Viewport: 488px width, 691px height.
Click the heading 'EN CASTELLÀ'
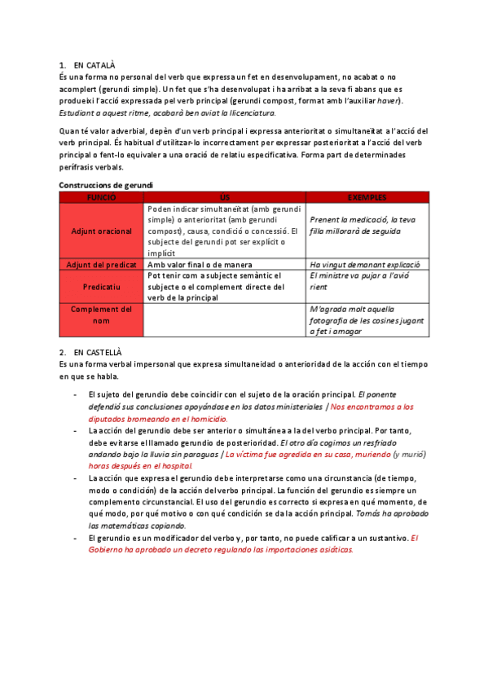click(97, 351)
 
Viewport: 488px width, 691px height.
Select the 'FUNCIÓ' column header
click(102, 197)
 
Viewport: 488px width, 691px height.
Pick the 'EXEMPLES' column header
click(367, 197)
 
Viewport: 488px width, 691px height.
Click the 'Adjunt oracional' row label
click(102, 231)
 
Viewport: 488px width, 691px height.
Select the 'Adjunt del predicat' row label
click(102, 265)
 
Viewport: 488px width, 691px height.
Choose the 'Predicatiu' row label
click(102, 287)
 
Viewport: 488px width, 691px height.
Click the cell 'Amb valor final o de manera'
click(200, 265)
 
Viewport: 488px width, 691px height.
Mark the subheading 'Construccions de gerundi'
click(106, 186)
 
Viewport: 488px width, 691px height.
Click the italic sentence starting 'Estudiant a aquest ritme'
click(167, 112)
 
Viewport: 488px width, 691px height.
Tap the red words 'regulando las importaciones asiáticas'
click(277, 549)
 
